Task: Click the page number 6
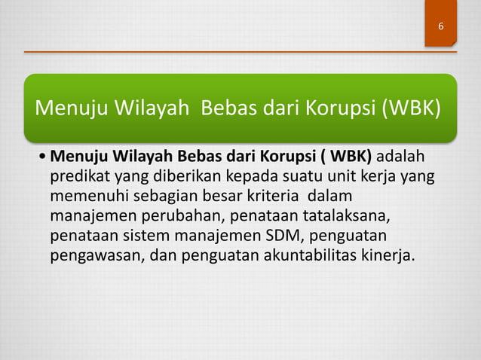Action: click(440, 28)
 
